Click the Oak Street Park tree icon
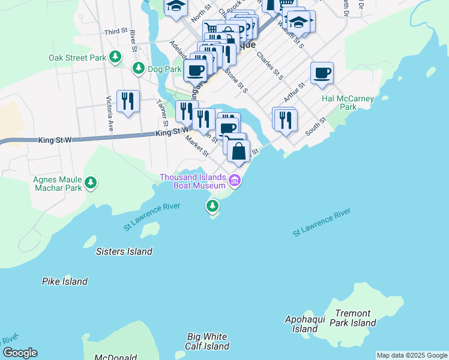tap(115, 58)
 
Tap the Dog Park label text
tap(164, 69)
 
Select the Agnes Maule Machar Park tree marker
tap(91, 182)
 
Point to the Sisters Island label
tap(124, 251)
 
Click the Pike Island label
tap(65, 281)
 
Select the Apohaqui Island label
tap(305, 324)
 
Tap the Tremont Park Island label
tap(355, 318)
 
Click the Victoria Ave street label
tap(110, 113)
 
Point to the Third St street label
tap(116, 31)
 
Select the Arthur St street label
tap(295, 92)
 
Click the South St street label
tap(315, 125)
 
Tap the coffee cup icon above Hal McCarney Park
tap(322, 73)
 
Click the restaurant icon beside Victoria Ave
tap(128, 101)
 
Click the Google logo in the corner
tap(20, 353)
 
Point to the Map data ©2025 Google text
tap(412, 355)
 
